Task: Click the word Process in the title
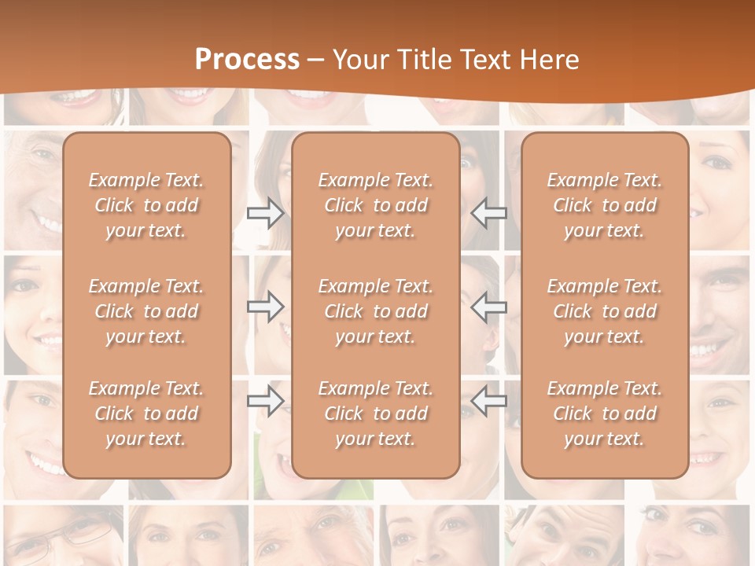pyautogui.click(x=247, y=60)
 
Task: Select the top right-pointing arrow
pyautogui.click(x=265, y=213)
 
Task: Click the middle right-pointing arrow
pyautogui.click(x=265, y=306)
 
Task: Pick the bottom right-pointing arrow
pyautogui.click(x=265, y=401)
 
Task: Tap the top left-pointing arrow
pyautogui.click(x=489, y=213)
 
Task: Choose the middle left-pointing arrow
pyautogui.click(x=489, y=306)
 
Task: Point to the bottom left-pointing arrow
pyautogui.click(x=489, y=401)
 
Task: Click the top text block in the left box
pyautogui.click(x=146, y=205)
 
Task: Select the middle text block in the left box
pyautogui.click(x=146, y=311)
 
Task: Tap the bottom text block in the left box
pyautogui.click(x=146, y=413)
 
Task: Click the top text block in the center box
pyautogui.click(x=375, y=205)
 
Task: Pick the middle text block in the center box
pyautogui.click(x=375, y=311)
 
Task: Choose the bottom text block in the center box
pyautogui.click(x=375, y=413)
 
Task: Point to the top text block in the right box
pyautogui.click(x=604, y=205)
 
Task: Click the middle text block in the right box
pyautogui.click(x=604, y=311)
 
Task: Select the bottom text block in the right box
pyautogui.click(x=604, y=413)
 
